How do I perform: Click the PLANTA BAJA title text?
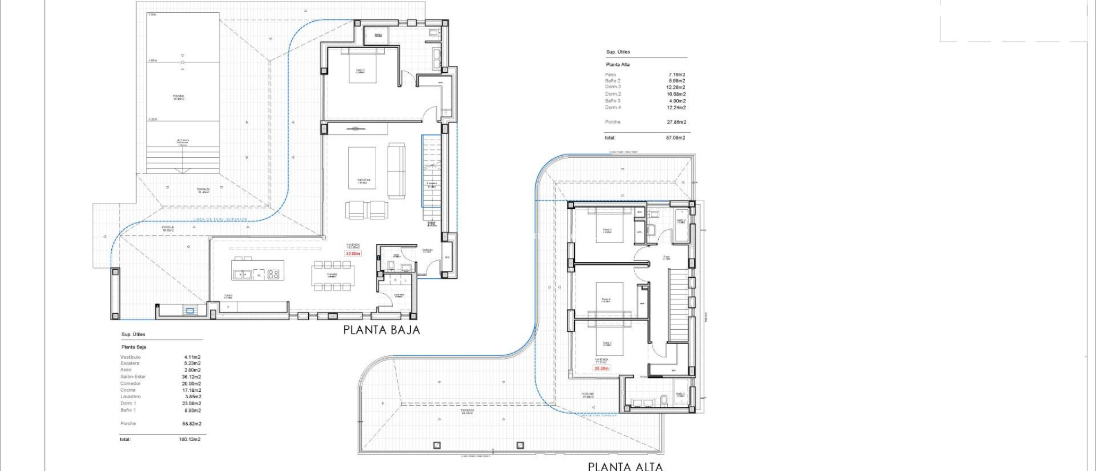tap(382, 330)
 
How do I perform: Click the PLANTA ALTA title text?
tap(625, 466)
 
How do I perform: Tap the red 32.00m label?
tap(353, 254)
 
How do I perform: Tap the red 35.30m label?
tap(602, 368)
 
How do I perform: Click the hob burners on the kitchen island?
tap(273, 274)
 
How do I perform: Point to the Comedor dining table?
tap(332, 276)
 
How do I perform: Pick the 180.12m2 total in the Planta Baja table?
tap(190, 439)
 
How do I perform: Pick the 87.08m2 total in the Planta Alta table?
tap(675, 138)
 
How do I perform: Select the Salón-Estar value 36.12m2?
tap(191, 377)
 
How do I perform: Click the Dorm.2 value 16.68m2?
tap(676, 94)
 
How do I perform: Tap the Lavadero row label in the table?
tap(131, 397)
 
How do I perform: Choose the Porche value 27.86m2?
tap(676, 122)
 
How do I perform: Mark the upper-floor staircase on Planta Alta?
tap(678, 305)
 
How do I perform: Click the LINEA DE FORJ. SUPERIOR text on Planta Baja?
tap(220, 219)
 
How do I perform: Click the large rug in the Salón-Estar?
tap(362, 168)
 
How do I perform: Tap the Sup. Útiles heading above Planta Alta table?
tap(618, 52)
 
